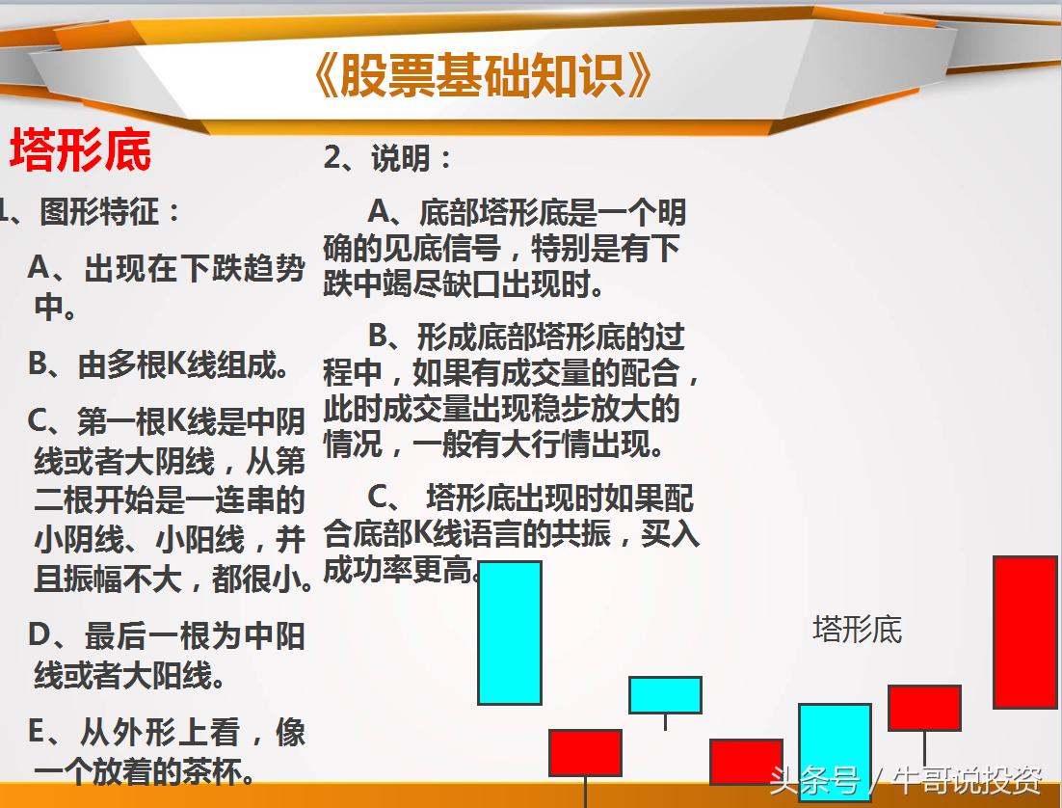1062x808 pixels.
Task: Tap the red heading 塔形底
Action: tap(81, 151)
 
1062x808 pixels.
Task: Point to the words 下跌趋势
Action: tap(243, 269)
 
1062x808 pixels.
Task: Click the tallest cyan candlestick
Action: tap(510, 633)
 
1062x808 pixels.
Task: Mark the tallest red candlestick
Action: tap(1025, 633)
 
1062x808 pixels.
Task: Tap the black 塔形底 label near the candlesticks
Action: tap(857, 630)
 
